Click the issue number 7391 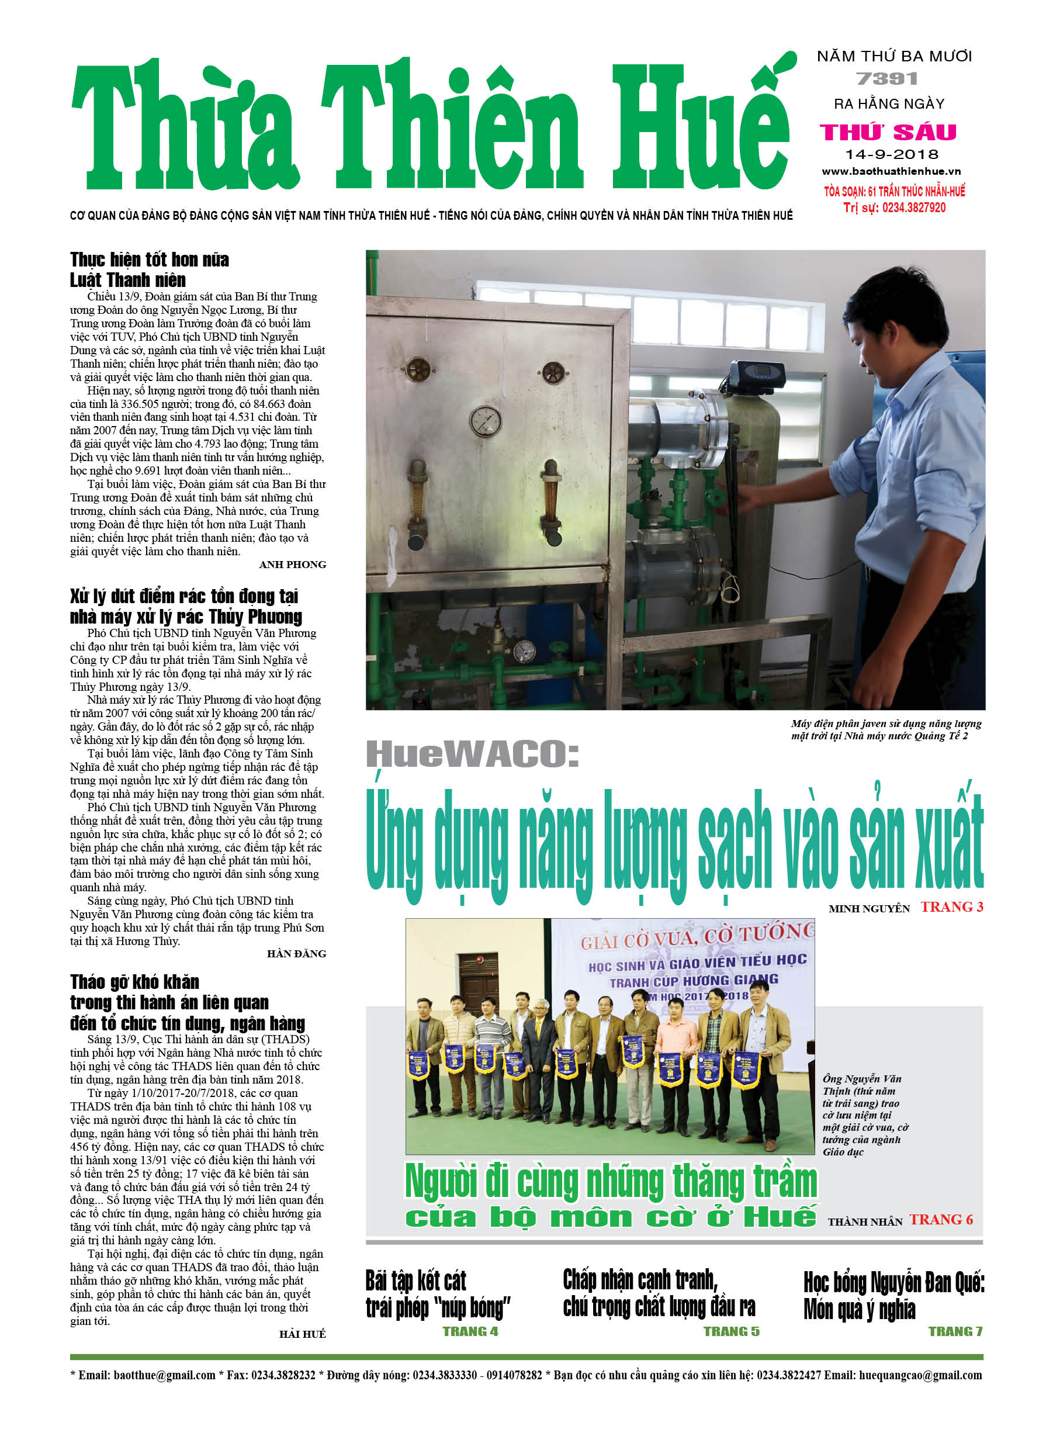(887, 79)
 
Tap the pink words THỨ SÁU (888, 132)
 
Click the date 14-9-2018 (891, 154)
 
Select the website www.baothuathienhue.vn (891, 171)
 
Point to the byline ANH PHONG (292, 565)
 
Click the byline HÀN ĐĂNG (296, 954)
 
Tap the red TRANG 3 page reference (951, 907)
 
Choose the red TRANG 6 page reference (941, 1220)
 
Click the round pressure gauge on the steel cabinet (485, 421)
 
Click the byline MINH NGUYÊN (868, 908)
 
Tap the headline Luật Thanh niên (128, 280)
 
